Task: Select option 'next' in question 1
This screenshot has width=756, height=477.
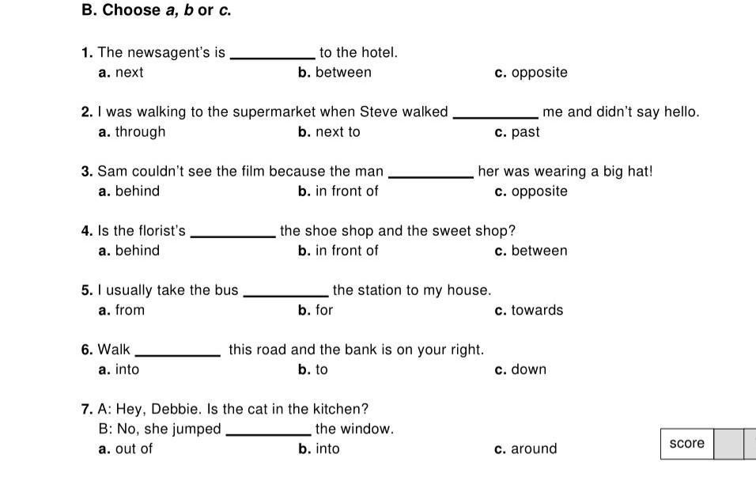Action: pos(129,72)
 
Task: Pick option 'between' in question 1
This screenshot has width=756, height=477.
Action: pos(343,72)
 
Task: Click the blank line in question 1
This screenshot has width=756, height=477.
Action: pos(272,59)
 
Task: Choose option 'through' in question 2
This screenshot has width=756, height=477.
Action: pos(140,132)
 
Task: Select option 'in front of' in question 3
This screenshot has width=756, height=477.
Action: pos(346,191)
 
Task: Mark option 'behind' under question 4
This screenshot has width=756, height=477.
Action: pos(138,251)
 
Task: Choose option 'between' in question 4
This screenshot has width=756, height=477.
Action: pos(539,251)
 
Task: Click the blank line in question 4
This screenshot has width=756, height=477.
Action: pos(232,237)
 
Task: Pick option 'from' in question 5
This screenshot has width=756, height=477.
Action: pos(130,310)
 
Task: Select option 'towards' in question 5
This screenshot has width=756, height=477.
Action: pos(537,310)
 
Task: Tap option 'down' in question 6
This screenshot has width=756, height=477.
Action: pos(529,369)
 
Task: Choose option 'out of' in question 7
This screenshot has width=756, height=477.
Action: pos(134,449)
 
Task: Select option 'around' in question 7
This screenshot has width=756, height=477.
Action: pos(534,449)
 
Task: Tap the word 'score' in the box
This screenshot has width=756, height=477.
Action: pos(686,443)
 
